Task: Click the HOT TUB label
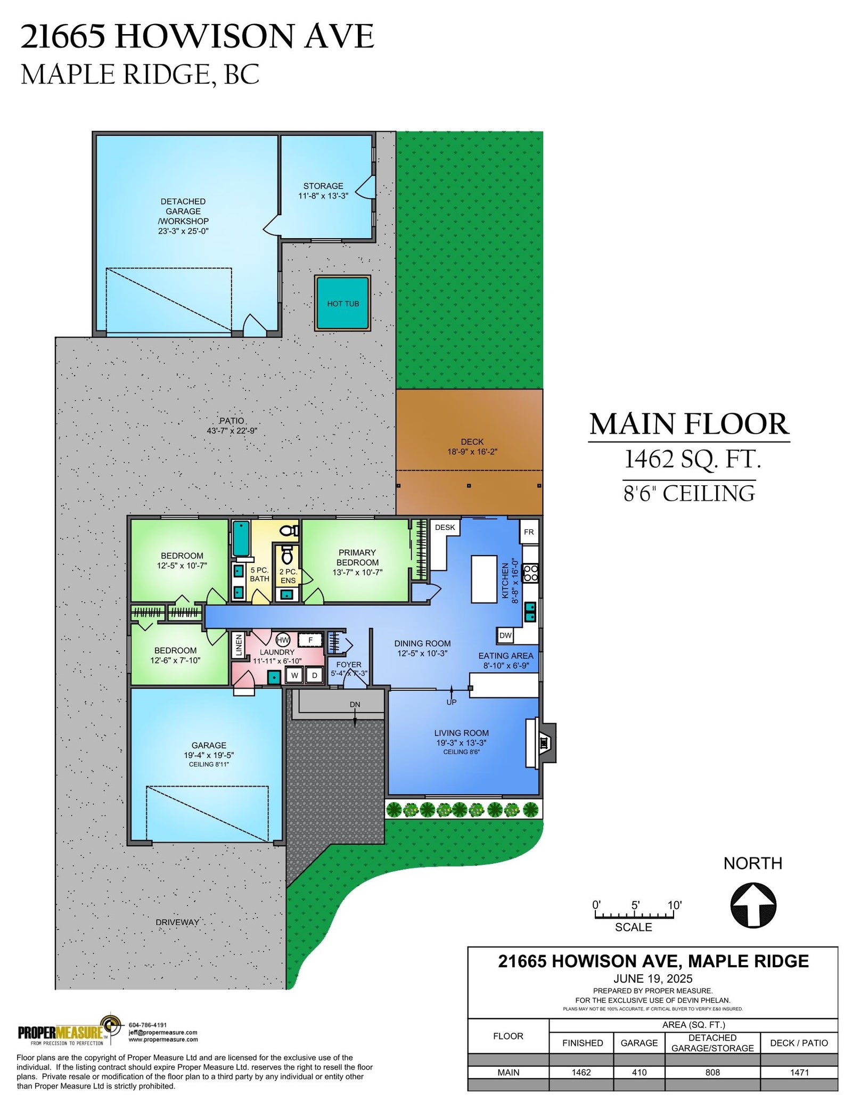pyautogui.click(x=343, y=304)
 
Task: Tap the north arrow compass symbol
pyautogui.click(x=753, y=905)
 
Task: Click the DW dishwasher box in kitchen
pyautogui.click(x=505, y=635)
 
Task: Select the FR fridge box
pyautogui.click(x=529, y=532)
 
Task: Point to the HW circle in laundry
pyautogui.click(x=283, y=640)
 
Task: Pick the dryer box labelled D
pyautogui.click(x=315, y=675)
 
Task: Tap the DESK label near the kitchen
pyautogui.click(x=445, y=527)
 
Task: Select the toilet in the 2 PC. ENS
pyautogui.click(x=288, y=554)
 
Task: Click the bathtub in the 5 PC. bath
pyautogui.click(x=241, y=538)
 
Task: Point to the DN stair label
pyautogui.click(x=355, y=704)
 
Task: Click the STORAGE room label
pyautogui.click(x=323, y=186)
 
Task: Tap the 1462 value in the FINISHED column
pyautogui.click(x=581, y=1072)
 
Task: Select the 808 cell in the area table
pyautogui.click(x=712, y=1072)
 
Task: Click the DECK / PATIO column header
pyautogui.click(x=799, y=1043)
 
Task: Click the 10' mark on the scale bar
pyautogui.click(x=674, y=905)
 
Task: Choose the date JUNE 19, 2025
pyautogui.click(x=653, y=978)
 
